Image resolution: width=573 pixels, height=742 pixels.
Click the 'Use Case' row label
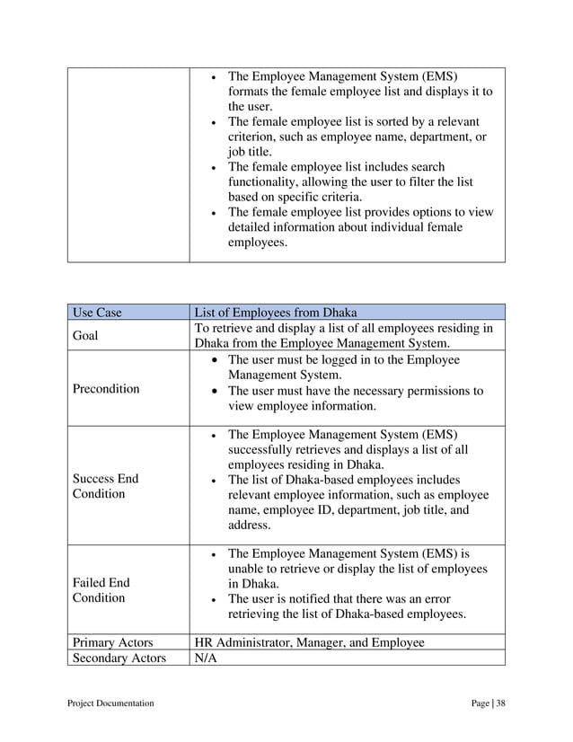96,314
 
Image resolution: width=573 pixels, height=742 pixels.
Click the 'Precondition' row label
106,389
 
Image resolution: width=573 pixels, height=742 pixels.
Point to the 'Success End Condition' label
106,486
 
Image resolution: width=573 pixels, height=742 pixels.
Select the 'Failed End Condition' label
99,590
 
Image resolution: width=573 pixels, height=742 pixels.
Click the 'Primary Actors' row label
112,642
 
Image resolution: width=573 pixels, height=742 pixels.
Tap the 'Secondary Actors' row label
119,658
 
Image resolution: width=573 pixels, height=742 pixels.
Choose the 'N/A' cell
207,658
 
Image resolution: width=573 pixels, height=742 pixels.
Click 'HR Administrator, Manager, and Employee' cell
310,642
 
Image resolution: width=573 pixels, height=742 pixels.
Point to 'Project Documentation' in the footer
112,703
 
